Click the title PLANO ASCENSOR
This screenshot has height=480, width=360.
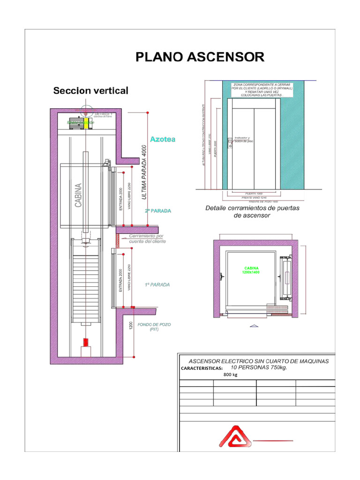click(x=200, y=57)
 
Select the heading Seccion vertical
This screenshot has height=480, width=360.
click(x=90, y=90)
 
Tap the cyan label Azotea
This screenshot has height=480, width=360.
click(x=162, y=139)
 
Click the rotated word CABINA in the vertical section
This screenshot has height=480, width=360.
click(x=79, y=195)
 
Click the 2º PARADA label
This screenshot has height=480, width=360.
click(x=157, y=211)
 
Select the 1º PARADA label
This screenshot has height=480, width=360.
click(x=157, y=285)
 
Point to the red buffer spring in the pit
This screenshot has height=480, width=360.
click(x=85, y=342)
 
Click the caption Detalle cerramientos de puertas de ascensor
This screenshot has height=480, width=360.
click(x=252, y=211)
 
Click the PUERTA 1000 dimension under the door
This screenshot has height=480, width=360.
click(x=254, y=193)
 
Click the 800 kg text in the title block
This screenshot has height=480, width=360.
click(x=231, y=375)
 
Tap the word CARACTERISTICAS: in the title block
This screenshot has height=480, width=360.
click(x=202, y=368)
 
